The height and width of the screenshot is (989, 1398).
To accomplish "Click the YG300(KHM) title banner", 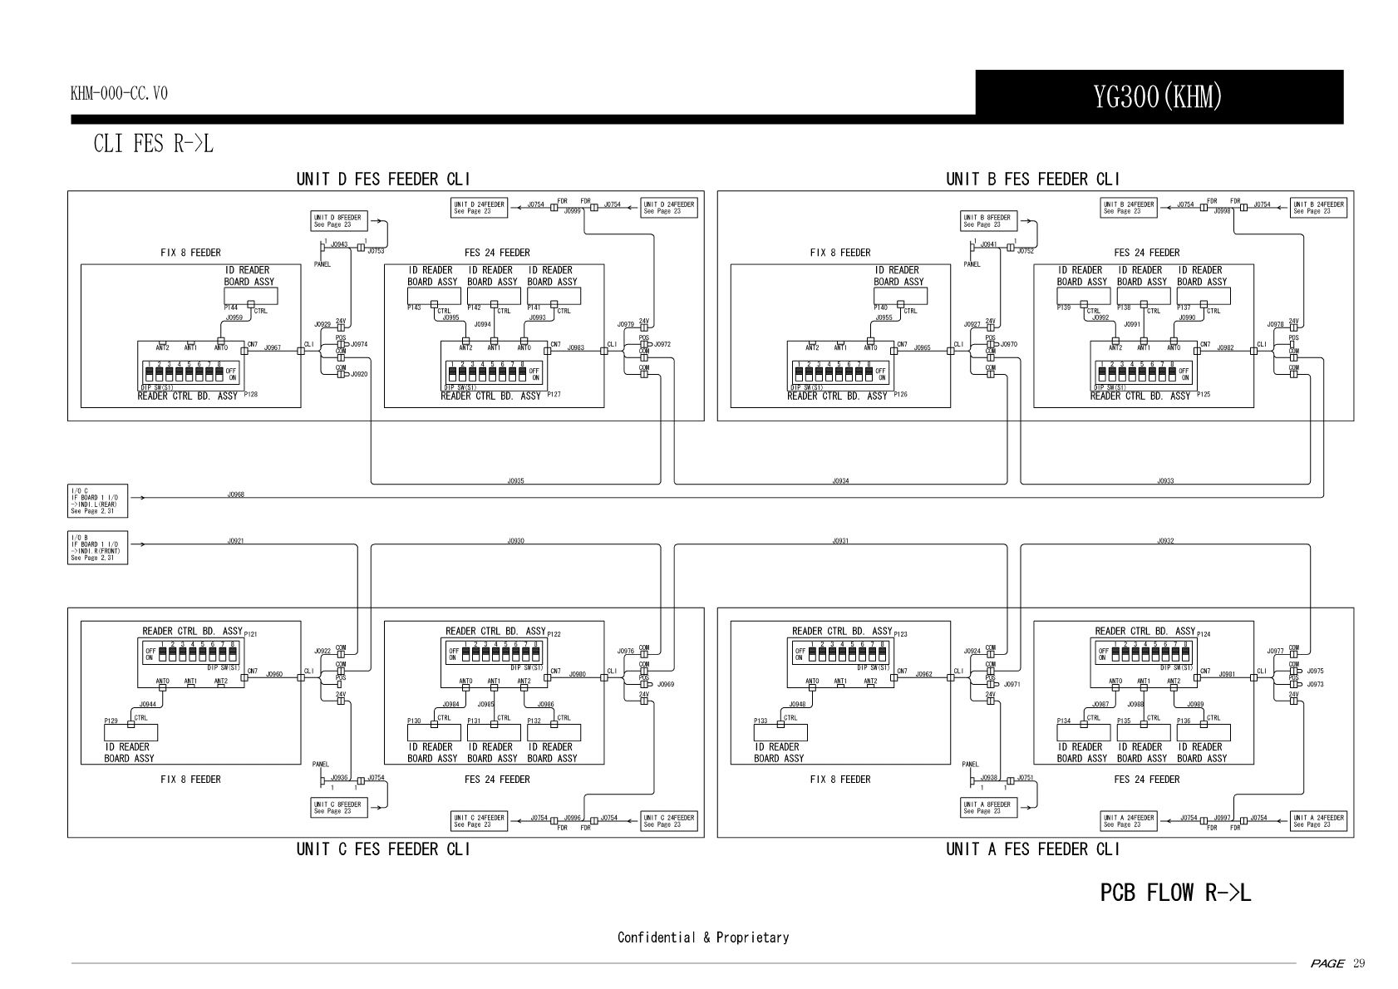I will [x=1158, y=97].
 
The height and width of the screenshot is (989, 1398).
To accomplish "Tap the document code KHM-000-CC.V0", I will [x=119, y=93].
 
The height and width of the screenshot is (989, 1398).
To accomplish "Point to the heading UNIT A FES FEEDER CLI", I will [x=1032, y=849].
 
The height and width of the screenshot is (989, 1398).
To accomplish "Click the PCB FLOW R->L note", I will [x=1175, y=893].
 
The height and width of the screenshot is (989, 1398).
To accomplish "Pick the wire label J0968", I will [x=236, y=494].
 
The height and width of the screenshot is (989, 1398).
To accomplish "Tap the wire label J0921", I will [x=236, y=541].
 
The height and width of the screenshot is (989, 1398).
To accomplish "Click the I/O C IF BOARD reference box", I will [x=97, y=500].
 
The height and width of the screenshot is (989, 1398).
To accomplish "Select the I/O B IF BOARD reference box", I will [x=97, y=547].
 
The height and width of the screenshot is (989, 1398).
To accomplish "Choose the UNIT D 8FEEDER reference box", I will [x=337, y=221].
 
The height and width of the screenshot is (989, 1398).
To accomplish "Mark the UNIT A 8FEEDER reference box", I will [x=987, y=807].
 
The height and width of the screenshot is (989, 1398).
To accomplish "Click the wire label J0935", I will [x=515, y=481].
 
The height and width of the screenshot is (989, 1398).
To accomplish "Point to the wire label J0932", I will [x=1165, y=541].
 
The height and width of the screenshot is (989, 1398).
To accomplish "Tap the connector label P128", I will [x=249, y=394].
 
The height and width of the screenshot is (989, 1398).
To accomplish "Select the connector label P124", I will [x=1204, y=634].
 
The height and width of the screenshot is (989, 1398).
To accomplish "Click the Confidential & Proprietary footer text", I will [x=702, y=937].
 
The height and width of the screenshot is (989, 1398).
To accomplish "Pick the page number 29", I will [x=1359, y=963].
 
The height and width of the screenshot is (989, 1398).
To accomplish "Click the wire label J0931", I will [x=840, y=541].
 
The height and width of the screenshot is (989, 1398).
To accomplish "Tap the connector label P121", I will [x=251, y=634].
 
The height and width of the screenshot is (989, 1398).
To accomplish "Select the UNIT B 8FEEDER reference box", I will [x=987, y=221].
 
